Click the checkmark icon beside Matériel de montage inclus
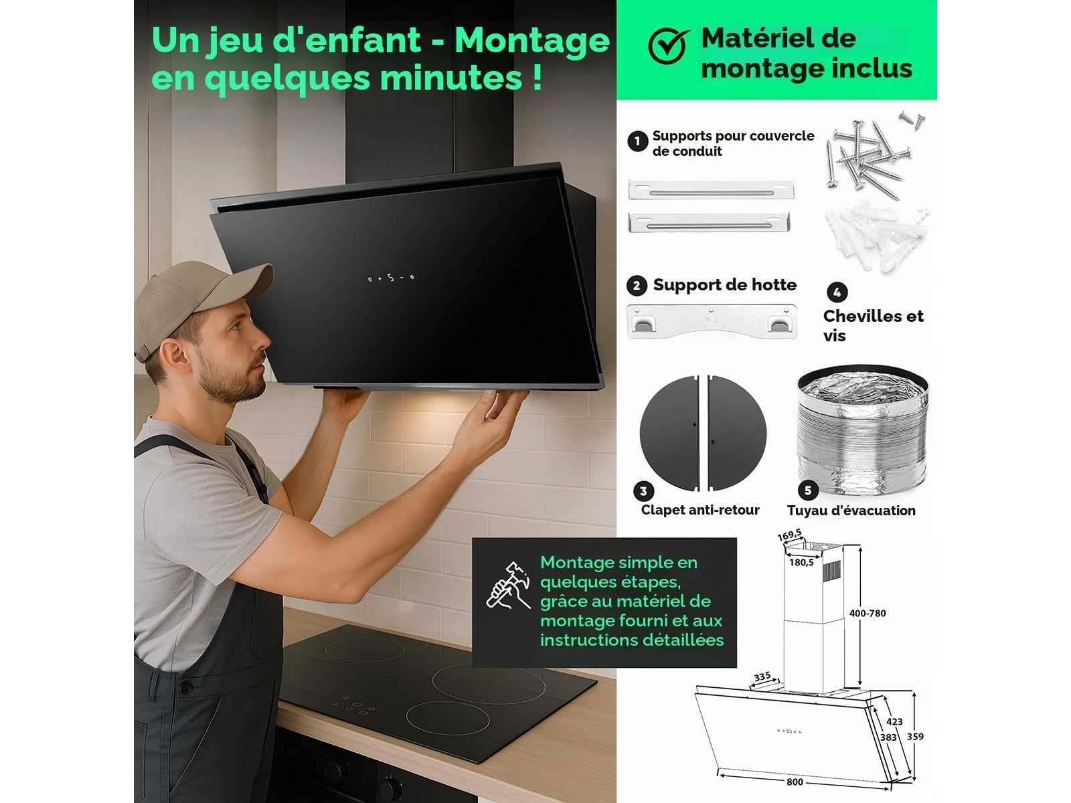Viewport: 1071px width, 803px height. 668,46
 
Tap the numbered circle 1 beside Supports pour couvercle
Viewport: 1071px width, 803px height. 637,141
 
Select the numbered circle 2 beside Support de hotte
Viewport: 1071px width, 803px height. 637,286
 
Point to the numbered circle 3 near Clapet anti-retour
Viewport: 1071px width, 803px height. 643,491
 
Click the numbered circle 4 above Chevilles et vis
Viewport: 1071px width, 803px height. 837,292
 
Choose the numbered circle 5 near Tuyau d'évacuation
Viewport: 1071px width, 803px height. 808,490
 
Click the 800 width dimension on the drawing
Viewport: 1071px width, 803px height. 795,782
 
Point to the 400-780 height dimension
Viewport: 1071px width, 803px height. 868,614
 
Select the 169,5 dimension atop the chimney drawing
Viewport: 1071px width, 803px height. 789,535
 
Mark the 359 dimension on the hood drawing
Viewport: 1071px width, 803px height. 915,737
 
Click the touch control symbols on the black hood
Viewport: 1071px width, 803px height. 391,278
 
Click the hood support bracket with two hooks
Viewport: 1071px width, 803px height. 712,321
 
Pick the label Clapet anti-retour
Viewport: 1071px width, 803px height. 700,510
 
